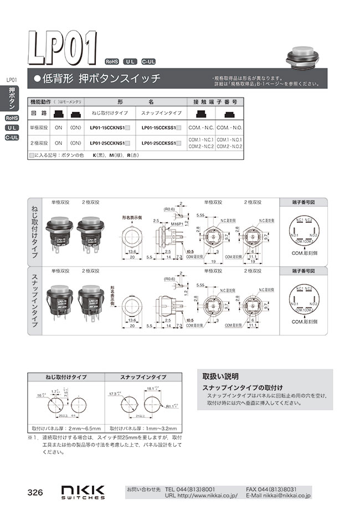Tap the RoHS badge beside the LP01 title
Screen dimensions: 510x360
[x=112, y=62]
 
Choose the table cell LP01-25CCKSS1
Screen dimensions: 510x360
[x=160, y=143]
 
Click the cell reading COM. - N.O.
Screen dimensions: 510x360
[x=229, y=127]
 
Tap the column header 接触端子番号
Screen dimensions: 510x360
[x=215, y=103]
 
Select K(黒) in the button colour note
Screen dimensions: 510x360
[x=100, y=156]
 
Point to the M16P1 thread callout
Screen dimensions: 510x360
[x=162, y=223]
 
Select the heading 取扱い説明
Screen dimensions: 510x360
[x=219, y=375]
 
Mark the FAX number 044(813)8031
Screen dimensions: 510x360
[x=279, y=489]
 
